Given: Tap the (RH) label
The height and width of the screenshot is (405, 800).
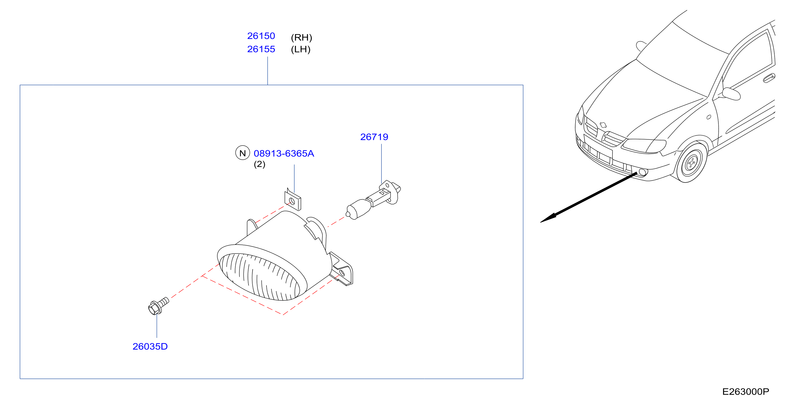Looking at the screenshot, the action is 301,38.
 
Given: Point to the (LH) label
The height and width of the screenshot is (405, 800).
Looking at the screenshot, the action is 301,49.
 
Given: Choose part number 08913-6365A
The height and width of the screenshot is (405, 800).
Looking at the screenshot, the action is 284,153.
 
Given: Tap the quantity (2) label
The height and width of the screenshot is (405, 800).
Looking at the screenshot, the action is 260,164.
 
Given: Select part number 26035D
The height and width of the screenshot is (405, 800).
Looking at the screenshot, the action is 150,346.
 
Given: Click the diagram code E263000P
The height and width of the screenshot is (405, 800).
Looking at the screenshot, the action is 746,392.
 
